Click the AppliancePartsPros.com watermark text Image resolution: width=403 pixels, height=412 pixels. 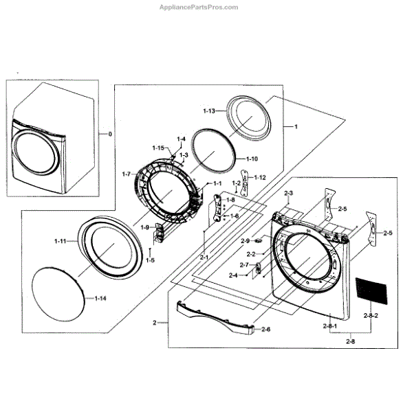(x=199, y=7)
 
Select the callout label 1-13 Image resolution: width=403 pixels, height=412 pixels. (x=209, y=111)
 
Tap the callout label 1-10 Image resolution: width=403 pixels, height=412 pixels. (x=252, y=159)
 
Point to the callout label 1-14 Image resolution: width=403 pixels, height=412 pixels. (x=100, y=298)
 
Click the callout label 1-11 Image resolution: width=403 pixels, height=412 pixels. (x=61, y=241)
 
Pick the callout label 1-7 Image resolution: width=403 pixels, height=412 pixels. (x=127, y=174)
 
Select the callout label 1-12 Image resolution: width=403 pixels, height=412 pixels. (x=260, y=177)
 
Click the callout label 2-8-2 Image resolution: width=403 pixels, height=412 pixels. (x=371, y=315)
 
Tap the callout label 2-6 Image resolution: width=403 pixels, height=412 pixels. (x=266, y=329)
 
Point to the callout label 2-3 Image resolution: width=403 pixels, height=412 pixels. (x=289, y=193)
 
